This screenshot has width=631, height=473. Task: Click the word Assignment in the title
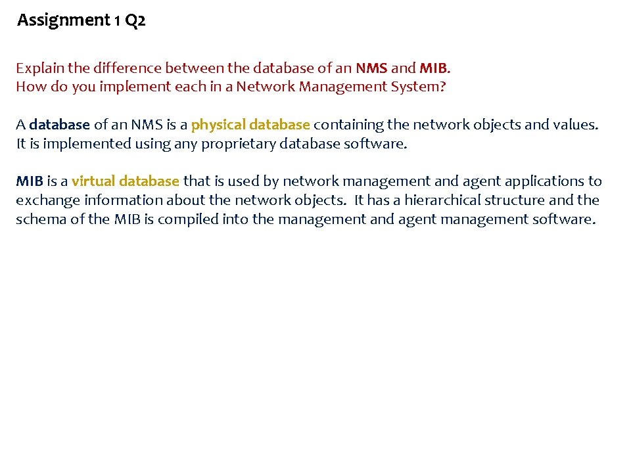(63, 21)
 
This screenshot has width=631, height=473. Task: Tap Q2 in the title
(135, 21)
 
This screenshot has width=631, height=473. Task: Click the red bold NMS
(371, 68)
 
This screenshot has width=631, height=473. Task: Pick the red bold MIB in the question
(434, 68)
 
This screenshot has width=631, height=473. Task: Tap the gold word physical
(216, 125)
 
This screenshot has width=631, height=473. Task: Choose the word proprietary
(238, 144)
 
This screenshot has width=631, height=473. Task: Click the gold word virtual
(93, 181)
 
